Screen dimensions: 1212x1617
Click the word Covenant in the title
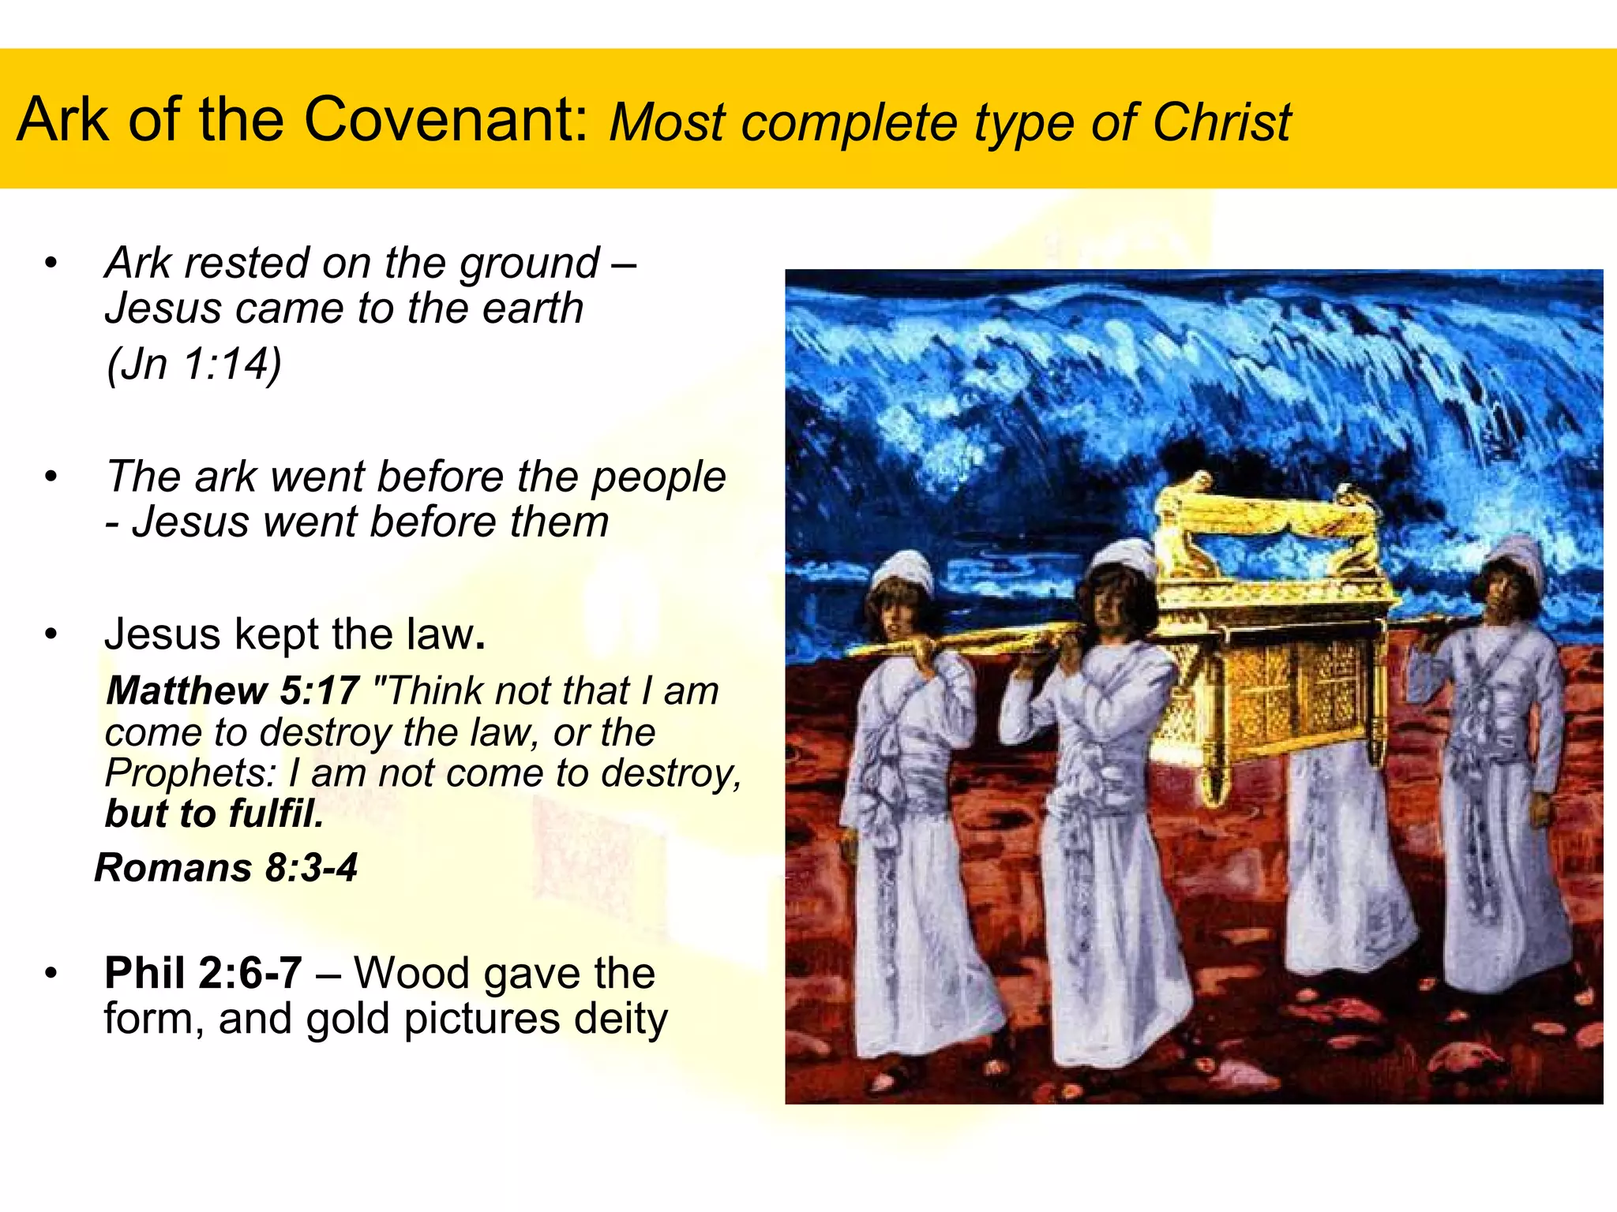pyautogui.click(x=446, y=120)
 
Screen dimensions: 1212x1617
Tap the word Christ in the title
pyautogui.click(x=1221, y=123)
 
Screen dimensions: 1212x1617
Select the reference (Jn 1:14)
pyautogui.click(x=193, y=365)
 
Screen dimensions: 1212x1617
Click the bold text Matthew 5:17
pyautogui.click(x=233, y=690)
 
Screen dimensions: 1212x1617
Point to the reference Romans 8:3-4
pyautogui.click(x=226, y=868)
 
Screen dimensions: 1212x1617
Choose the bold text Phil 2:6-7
pyautogui.click(x=203, y=973)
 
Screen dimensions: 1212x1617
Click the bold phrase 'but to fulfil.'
pyautogui.click(x=214, y=814)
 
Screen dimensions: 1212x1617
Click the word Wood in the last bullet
pyautogui.click(x=406, y=973)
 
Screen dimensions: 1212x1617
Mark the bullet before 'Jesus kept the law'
pyautogui.click(x=51, y=634)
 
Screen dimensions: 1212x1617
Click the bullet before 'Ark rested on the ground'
pyautogui.click(x=51, y=264)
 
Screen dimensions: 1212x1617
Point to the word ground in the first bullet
pyautogui.click(x=530, y=264)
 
